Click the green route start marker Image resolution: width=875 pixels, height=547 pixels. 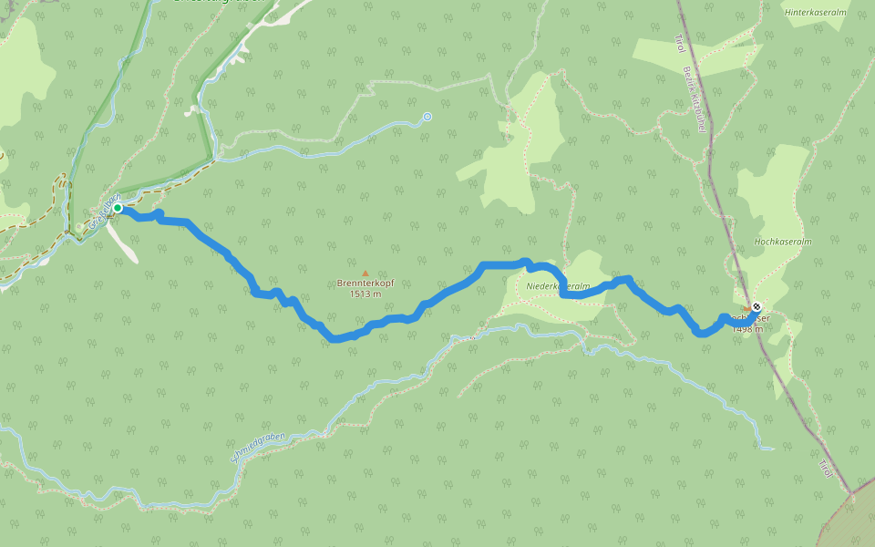coord(118,208)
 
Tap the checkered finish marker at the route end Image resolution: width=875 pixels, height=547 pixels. coord(757,306)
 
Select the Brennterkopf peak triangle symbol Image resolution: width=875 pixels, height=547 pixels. coord(365,273)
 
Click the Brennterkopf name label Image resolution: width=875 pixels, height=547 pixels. coord(365,284)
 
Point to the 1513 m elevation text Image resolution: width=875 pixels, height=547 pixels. coord(365,294)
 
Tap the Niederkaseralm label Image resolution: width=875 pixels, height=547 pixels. coord(559,286)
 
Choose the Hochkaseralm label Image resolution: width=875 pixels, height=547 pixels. coord(782,242)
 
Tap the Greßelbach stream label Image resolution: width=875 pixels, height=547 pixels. coord(105,212)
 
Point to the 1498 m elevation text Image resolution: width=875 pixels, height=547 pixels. coord(746,329)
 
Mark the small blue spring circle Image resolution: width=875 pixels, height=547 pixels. coord(427,117)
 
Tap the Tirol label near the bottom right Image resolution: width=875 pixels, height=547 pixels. coord(823,468)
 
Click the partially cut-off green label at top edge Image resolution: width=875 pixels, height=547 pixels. coord(219,3)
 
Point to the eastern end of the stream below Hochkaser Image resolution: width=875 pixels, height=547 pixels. coord(770,448)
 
